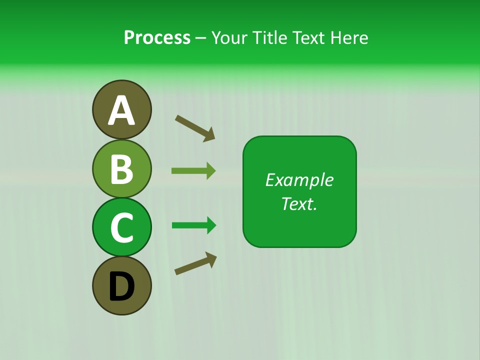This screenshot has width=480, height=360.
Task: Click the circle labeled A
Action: [x=121, y=109]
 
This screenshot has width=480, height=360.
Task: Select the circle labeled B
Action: [x=121, y=168]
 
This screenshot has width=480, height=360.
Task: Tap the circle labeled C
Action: [x=121, y=227]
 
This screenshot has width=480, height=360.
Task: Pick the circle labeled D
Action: [x=121, y=285]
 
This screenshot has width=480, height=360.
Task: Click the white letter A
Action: [x=122, y=110]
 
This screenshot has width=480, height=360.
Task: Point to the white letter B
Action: [x=121, y=169]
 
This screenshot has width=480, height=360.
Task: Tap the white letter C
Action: [x=121, y=228]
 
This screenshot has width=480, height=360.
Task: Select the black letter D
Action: [x=121, y=287]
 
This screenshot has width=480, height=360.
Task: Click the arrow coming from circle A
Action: [x=195, y=127]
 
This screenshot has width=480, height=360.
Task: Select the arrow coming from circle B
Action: [x=193, y=170]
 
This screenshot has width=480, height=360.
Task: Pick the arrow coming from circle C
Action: [x=194, y=225]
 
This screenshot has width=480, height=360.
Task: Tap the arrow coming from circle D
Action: [x=195, y=263]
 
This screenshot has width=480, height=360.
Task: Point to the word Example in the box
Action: [x=299, y=180]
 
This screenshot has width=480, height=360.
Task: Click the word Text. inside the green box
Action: [x=299, y=203]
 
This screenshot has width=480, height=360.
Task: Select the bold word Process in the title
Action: [x=157, y=37]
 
